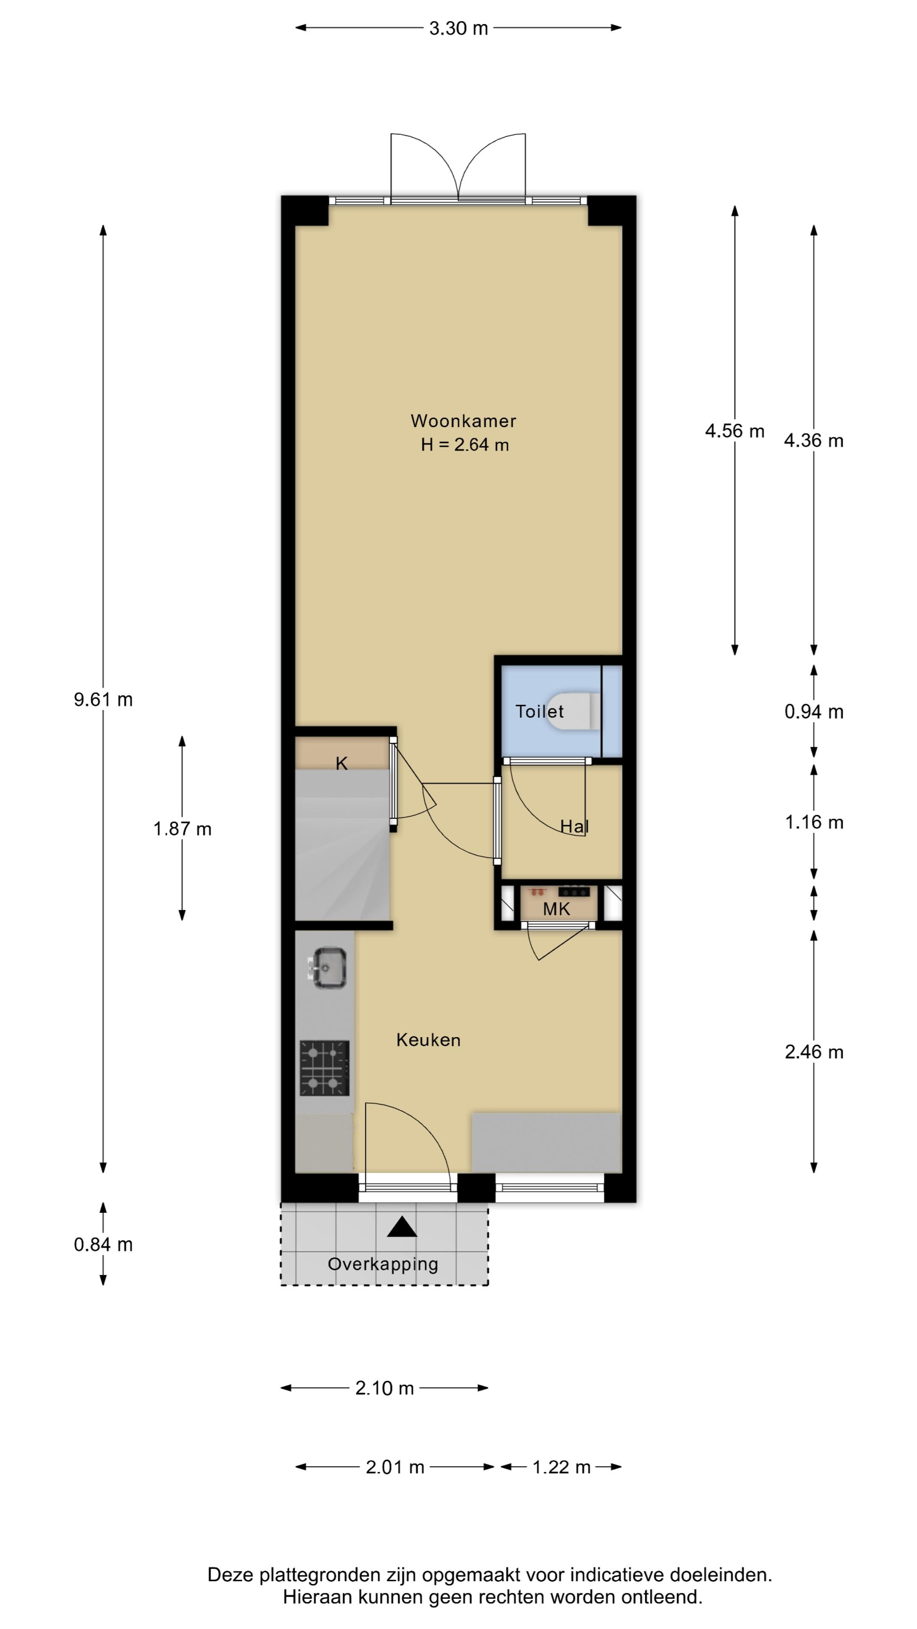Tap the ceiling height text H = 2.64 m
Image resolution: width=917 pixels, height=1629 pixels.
pyautogui.click(x=464, y=445)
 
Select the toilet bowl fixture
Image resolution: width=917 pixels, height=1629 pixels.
pyautogui.click(x=575, y=711)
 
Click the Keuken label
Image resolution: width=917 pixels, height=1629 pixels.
pyautogui.click(x=428, y=1040)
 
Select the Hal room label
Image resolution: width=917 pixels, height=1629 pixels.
pyautogui.click(x=574, y=826)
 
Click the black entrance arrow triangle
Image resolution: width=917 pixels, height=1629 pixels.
pyautogui.click(x=402, y=1227)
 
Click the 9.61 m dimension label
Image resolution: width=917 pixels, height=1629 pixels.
pyautogui.click(x=103, y=700)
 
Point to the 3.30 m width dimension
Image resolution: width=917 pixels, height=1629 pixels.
pyautogui.click(x=458, y=28)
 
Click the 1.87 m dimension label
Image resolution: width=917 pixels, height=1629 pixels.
pyautogui.click(x=182, y=828)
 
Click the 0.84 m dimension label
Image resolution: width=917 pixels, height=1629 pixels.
pyautogui.click(x=103, y=1245)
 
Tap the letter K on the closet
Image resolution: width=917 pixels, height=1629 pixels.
pyautogui.click(x=342, y=763)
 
